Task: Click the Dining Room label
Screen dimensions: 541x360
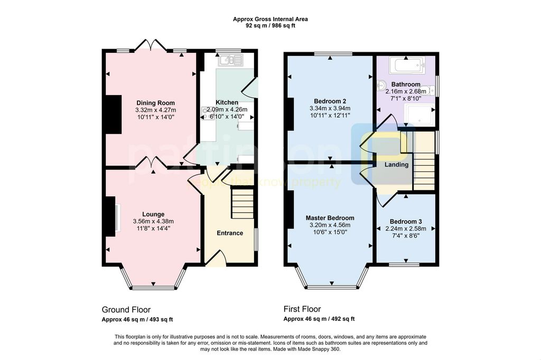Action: point(156,103)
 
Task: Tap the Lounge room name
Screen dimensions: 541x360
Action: point(153,214)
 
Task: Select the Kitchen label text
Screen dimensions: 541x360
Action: point(227,102)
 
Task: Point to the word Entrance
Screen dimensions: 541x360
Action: point(230,233)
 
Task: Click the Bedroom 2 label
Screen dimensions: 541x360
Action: point(330,101)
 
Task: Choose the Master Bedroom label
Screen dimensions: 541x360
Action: point(330,218)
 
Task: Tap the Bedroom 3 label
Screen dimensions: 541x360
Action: point(406,222)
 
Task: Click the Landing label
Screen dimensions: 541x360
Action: point(396,165)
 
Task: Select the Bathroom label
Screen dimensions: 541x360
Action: point(406,84)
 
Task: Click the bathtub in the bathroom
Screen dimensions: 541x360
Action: point(407,65)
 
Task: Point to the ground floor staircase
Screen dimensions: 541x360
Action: point(242,203)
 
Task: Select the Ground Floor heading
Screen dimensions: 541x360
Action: point(126,310)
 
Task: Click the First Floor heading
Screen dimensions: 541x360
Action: point(302,309)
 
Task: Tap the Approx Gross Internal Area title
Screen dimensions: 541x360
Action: point(270,20)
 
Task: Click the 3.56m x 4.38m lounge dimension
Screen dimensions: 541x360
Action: point(153,221)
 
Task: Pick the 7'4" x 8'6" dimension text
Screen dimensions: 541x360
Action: point(406,236)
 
